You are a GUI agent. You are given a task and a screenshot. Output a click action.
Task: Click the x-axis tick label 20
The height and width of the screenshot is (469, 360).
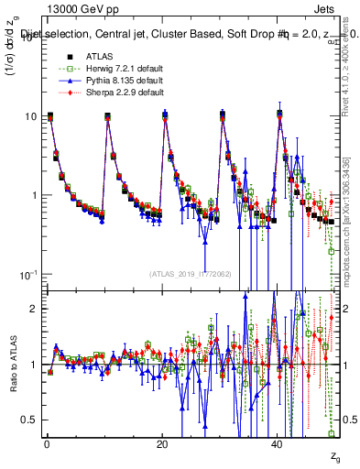[x=162, y=446]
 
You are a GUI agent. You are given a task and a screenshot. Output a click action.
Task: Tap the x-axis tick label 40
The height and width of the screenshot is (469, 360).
[x=278, y=446]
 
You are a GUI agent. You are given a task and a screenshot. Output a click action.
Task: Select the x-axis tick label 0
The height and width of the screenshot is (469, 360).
[x=47, y=446]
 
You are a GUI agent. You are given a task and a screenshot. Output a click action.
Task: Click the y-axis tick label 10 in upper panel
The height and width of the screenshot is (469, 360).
[x=31, y=116]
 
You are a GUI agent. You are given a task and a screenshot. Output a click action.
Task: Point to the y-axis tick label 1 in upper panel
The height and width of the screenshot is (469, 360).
[x=36, y=195]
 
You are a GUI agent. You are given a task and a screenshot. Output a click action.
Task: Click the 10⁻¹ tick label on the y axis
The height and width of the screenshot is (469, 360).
[x=29, y=274]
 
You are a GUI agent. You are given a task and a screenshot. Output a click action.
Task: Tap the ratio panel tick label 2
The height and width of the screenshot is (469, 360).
[x=36, y=309]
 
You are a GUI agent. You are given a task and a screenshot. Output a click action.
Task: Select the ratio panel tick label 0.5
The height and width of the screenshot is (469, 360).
[x=30, y=420]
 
